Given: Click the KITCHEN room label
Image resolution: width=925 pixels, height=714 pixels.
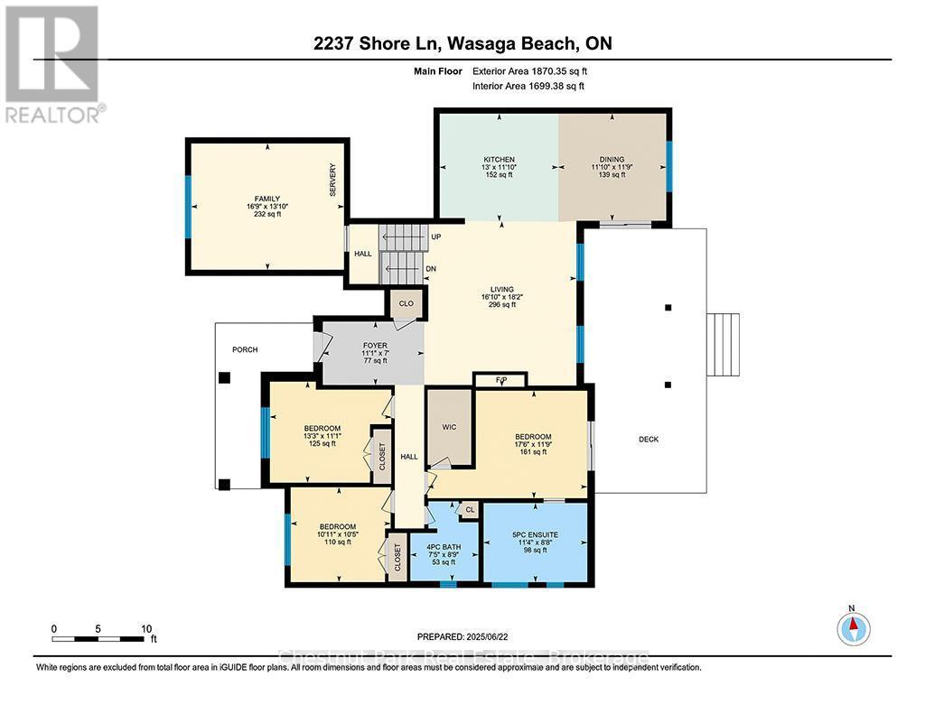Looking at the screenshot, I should [x=498, y=160].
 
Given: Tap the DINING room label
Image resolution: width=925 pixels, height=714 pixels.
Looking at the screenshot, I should [x=612, y=160].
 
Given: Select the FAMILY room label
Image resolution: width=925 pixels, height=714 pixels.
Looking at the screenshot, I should [x=266, y=199].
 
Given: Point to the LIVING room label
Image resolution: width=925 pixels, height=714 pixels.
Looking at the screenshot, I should [x=499, y=286].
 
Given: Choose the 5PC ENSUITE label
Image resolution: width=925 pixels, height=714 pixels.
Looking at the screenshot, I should [x=536, y=534].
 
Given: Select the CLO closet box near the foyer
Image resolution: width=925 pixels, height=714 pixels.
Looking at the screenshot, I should [x=406, y=303].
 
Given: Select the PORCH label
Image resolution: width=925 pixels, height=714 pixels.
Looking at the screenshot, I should [x=245, y=349].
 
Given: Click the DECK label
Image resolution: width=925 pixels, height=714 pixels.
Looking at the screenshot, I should [x=649, y=440].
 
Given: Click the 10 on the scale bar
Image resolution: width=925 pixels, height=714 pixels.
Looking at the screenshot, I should [x=145, y=628].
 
